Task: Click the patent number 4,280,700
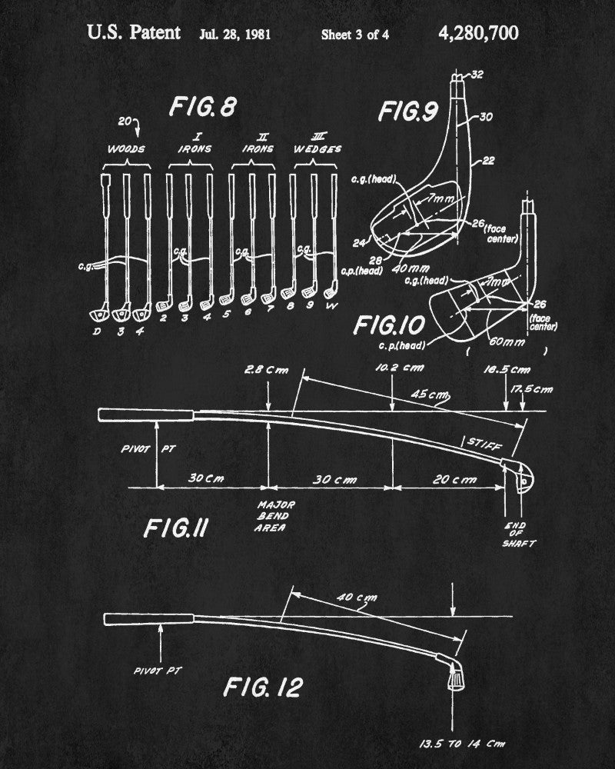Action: pos(478,33)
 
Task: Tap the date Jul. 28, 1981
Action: pos(235,35)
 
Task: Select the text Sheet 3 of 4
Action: pos(354,35)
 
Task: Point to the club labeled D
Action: pos(97,331)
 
